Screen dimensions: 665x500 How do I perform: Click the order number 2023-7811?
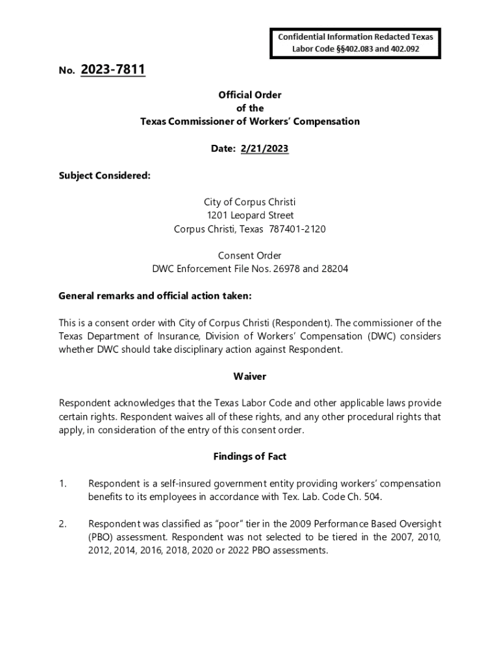(113, 69)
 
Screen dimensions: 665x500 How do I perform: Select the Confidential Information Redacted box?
(355, 43)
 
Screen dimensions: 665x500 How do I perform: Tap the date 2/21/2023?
(264, 149)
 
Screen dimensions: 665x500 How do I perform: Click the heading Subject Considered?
(105, 175)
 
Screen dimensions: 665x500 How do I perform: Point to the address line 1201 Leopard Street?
(250, 215)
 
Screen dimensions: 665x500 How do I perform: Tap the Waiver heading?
(250, 376)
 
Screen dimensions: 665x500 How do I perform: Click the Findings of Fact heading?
(250, 457)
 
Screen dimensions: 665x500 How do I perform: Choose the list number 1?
(62, 484)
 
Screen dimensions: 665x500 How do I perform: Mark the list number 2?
(62, 523)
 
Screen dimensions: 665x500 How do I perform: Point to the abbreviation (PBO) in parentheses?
(101, 537)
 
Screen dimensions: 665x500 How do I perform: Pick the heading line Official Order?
(250, 95)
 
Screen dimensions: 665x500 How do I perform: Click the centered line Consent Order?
(250, 255)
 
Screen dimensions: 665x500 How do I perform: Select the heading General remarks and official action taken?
(155, 295)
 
